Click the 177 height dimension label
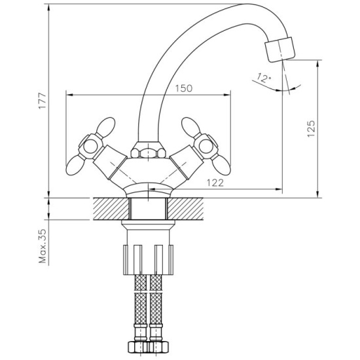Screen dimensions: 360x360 (x=43, y=101)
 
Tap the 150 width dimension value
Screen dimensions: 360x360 (x=184, y=88)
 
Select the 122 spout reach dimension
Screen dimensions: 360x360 (x=215, y=183)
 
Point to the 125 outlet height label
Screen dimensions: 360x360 (x=311, y=128)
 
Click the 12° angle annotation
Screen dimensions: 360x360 (x=264, y=78)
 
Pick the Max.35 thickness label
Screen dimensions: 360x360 (x=43, y=246)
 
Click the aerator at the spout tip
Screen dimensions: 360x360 (x=279, y=49)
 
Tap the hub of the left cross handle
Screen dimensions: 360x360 (x=90, y=147)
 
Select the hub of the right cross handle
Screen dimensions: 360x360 (x=206, y=146)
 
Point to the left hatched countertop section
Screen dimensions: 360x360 (x=111, y=208)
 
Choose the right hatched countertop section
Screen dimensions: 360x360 (x=185, y=208)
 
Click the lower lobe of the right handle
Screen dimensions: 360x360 (x=221, y=165)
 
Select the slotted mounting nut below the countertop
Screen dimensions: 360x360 (x=149, y=259)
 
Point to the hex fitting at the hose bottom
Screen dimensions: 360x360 (x=149, y=347)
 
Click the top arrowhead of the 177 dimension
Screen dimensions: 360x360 (x=48, y=8)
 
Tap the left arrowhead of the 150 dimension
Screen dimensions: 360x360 (x=70, y=95)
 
